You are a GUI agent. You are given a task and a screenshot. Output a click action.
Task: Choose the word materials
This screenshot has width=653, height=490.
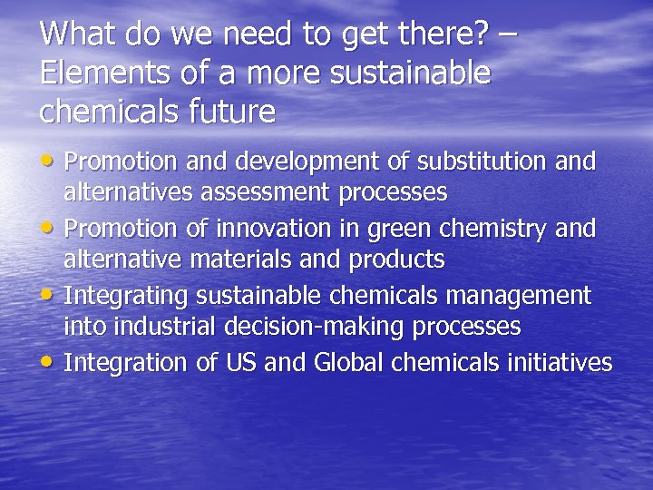pos(258,260)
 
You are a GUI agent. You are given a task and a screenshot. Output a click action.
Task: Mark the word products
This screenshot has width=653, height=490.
pos(399,260)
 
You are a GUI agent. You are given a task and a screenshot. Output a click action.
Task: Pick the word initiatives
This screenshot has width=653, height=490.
pos(561,363)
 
